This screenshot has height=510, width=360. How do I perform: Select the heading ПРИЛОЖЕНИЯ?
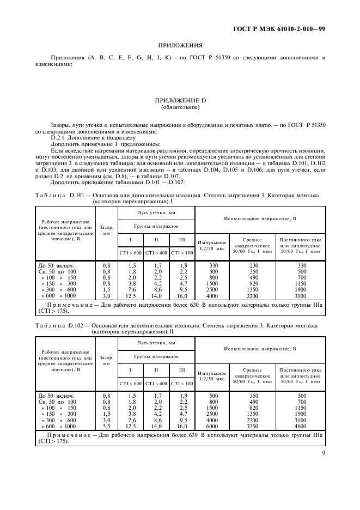(180, 45)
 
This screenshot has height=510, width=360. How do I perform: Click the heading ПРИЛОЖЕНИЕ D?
(180, 101)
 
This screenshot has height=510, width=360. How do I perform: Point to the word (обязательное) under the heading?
(180, 107)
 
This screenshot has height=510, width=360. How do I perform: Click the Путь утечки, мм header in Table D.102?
(156, 342)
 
